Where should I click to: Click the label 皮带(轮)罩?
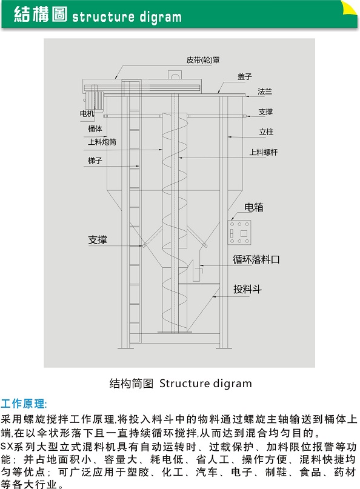203,60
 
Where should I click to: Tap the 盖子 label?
244,77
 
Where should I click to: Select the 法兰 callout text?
264,91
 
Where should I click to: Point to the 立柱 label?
266,132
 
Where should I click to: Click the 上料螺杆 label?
263,152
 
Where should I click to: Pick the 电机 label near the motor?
87,113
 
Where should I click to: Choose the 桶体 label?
95,129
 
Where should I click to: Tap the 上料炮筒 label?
102,142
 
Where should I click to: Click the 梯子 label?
95,161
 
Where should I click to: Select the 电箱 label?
253,207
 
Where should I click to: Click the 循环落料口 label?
256,259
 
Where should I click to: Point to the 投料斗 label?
247,289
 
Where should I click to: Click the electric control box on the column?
239,233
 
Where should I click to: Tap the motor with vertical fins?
93,101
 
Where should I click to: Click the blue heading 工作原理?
23,404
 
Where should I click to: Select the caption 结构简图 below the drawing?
131,384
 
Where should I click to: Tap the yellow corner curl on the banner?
349,8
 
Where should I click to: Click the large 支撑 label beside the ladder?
98,240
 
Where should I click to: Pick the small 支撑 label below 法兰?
265,111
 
